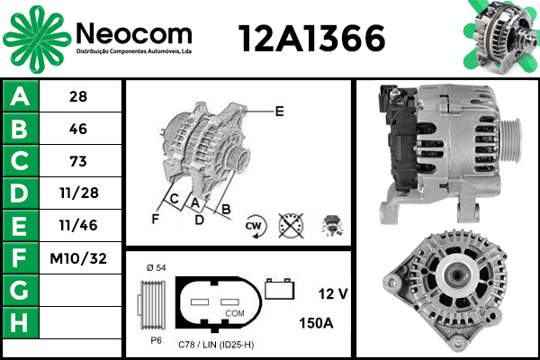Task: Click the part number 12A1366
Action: (311, 38)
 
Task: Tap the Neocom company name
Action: (133, 34)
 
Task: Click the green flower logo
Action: (37, 39)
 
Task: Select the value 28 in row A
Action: (78, 96)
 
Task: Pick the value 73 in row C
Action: (78, 161)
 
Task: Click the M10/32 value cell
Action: (78, 258)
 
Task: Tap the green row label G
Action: (21, 291)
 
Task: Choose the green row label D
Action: (21, 193)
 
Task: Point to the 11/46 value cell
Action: (78, 225)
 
